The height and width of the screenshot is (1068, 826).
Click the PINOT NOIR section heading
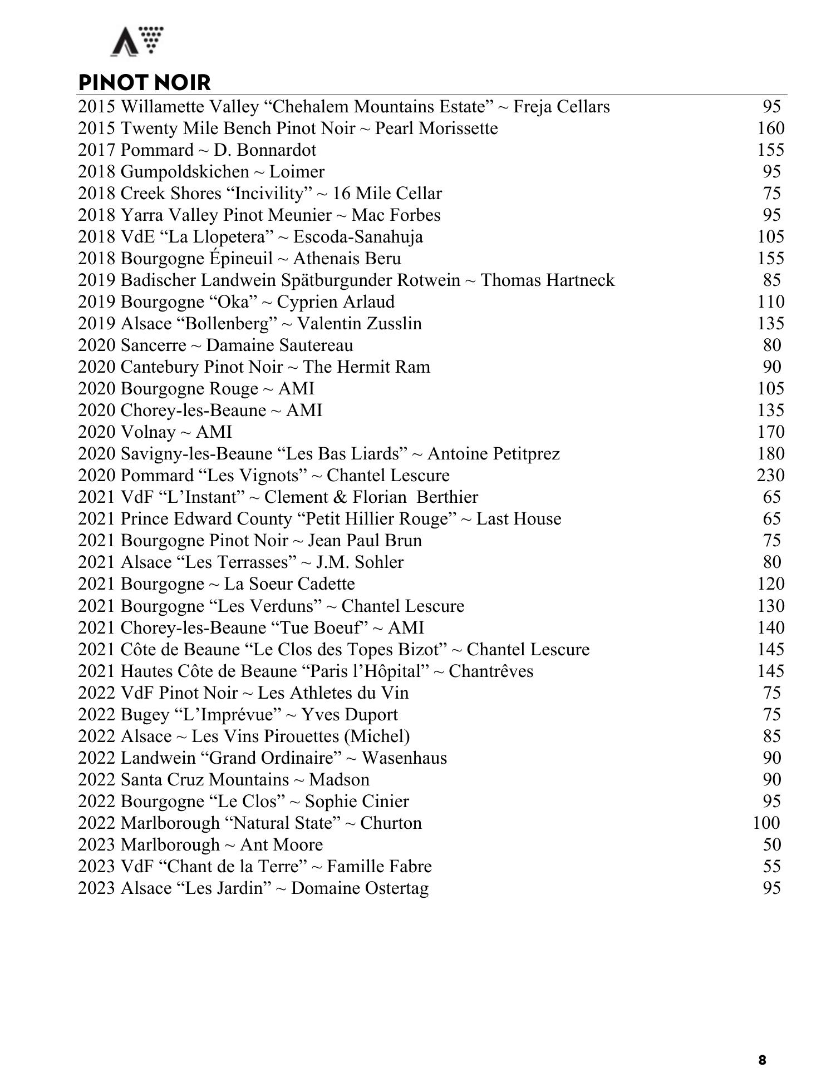pyautogui.click(x=145, y=82)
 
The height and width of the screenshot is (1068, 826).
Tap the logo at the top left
pyautogui.click(x=137, y=41)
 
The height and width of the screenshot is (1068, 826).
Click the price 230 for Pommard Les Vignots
pyautogui.click(x=770, y=476)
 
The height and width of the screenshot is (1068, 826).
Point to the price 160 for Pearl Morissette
pyautogui.click(x=770, y=128)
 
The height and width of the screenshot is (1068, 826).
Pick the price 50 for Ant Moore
pyautogui.click(x=772, y=845)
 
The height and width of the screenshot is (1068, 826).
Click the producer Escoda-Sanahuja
pyautogui.click(x=358, y=237)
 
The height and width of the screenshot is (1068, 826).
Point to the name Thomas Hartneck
pyautogui.click(x=548, y=280)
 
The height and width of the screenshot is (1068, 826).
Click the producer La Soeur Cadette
pyautogui.click(x=289, y=584)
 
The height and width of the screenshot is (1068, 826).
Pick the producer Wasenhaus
pyautogui.click(x=404, y=758)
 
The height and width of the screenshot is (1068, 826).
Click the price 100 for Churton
pyautogui.click(x=766, y=823)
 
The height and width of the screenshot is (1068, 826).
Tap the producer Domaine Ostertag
pyautogui.click(x=360, y=888)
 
